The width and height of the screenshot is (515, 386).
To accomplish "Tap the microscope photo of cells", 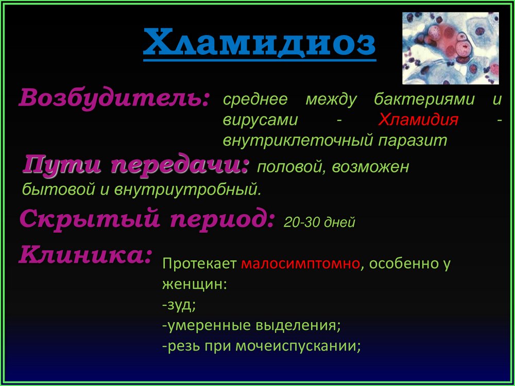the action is [451, 48].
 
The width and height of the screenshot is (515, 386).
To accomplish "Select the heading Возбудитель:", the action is [114, 98].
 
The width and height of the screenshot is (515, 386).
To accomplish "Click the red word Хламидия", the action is [418, 120].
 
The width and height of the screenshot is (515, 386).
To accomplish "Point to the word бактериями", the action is [424, 99].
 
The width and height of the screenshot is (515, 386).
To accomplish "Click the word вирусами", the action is [260, 120].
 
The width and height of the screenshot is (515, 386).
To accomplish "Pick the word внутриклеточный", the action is [298, 141].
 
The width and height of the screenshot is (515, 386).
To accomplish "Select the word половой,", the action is [293, 167].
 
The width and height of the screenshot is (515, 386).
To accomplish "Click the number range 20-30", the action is [301, 222].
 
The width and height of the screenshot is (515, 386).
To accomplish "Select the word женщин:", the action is [195, 285].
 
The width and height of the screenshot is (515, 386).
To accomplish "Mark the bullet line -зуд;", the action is [179, 305].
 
